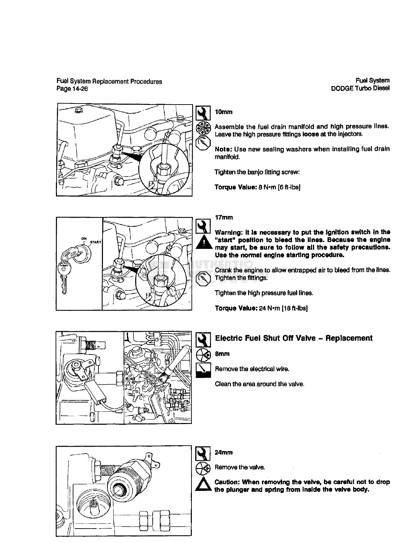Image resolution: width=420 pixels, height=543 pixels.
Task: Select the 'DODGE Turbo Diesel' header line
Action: [x=360, y=88]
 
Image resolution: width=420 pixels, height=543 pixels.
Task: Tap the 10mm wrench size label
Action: [x=223, y=112]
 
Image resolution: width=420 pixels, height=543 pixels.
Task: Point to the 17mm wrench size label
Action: [x=224, y=218]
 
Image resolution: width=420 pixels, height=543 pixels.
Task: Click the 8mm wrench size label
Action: [x=222, y=354]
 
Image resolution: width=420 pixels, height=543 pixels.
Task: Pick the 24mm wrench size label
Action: [x=223, y=452]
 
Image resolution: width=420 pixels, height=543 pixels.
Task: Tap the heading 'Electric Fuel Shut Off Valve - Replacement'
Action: [x=293, y=338]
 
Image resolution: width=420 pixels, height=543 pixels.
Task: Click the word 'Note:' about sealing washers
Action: [x=223, y=149]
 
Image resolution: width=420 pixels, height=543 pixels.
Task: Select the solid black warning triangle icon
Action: [x=202, y=242]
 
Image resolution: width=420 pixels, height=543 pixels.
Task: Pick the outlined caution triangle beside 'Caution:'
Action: [x=202, y=485]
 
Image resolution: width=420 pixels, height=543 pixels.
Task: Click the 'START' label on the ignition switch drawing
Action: [x=95, y=242]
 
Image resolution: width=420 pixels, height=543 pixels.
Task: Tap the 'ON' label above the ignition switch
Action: [x=84, y=239]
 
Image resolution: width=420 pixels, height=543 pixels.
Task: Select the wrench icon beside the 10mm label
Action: [x=202, y=112]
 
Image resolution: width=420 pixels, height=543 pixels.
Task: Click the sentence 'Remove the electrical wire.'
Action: [x=252, y=369]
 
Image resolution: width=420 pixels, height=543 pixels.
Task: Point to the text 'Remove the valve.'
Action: [x=240, y=467]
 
